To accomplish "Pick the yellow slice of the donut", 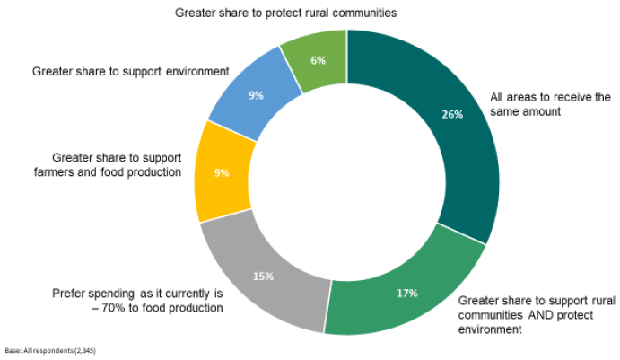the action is (x=223, y=173).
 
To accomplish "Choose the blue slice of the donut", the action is (x=255, y=95).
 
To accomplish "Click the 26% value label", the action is (x=452, y=114).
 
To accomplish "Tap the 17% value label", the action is (x=407, y=294).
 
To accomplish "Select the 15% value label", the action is (x=263, y=277).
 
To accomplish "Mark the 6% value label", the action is (x=319, y=60).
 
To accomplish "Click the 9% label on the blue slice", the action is (x=256, y=95).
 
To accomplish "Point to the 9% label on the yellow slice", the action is (x=222, y=173).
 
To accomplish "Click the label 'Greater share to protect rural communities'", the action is (x=286, y=13).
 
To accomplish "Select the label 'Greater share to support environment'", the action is (x=130, y=71).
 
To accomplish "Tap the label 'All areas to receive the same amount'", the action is (x=550, y=104).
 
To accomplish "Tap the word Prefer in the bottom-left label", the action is (x=68, y=294).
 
